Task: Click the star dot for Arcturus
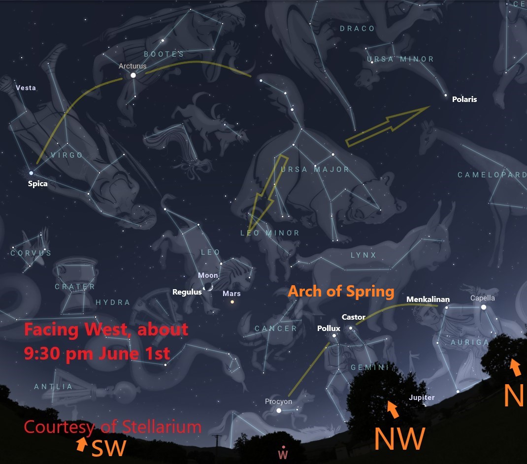[x=132, y=75]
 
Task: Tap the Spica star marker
[x=31, y=173]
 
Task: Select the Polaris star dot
[x=446, y=95]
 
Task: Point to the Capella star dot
[x=483, y=307]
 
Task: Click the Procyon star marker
[x=279, y=410]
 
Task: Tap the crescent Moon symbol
[x=209, y=287]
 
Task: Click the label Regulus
[x=187, y=292]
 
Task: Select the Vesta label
[x=26, y=88]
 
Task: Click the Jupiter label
[x=422, y=398]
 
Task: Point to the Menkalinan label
[x=428, y=299]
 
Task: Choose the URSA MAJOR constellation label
[x=315, y=169]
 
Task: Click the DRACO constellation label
[x=357, y=29]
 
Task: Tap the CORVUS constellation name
[x=31, y=253]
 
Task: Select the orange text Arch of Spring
[x=341, y=291]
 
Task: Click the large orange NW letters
[x=398, y=438]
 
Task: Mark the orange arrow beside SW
[x=81, y=444]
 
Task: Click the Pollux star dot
[x=334, y=336]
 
